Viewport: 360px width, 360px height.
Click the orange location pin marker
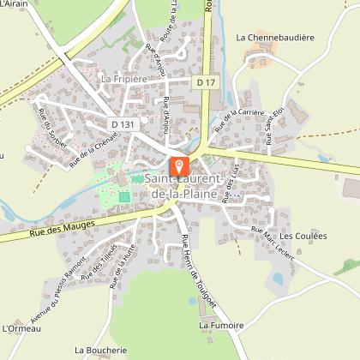pos(179,166)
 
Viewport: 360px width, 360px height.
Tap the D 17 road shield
pos(204,82)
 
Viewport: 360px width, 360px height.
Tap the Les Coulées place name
pos(298,236)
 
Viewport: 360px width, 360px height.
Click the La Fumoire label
pos(221,326)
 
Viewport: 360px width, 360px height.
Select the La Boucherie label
pos(100,350)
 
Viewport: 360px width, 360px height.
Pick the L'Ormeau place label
pos(17,327)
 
